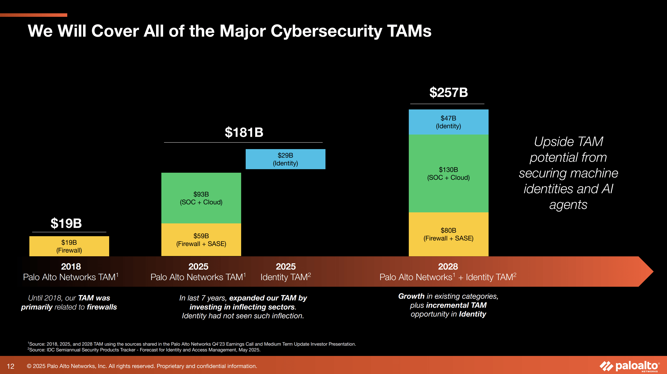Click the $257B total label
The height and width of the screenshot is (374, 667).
pos(448,92)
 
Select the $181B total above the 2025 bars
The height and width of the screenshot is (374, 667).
pos(244,132)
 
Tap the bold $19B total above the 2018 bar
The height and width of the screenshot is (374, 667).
pos(66,223)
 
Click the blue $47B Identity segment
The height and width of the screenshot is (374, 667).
pos(448,122)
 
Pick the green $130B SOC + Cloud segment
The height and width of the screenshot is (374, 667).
pos(448,173)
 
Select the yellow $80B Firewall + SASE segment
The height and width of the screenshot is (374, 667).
pos(448,234)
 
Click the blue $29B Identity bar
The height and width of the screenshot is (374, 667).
pos(285,159)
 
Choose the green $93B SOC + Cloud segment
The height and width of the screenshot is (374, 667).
pos(201,198)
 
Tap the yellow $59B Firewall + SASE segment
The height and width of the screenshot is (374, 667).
pos(201,239)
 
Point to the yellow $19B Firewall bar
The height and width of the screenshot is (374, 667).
pos(69,246)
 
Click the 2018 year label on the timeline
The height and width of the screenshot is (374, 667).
pos(71,267)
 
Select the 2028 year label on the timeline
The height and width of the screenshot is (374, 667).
pos(448,267)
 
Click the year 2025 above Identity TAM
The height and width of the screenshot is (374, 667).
pos(286,267)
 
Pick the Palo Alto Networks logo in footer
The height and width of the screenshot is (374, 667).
pos(629,366)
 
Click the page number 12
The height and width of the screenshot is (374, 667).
pos(11,366)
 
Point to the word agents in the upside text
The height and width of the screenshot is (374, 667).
pos(568,205)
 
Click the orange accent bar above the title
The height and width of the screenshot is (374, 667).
pos(34,15)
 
